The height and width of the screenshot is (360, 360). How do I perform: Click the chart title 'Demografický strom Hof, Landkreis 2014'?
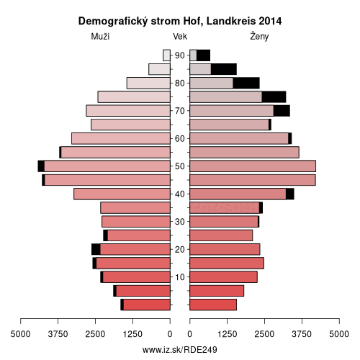click(x=180, y=22)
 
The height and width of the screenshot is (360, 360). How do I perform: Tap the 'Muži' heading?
click(x=100, y=37)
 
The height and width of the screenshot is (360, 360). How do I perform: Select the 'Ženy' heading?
click(x=259, y=37)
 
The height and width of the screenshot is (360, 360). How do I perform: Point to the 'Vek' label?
click(x=180, y=37)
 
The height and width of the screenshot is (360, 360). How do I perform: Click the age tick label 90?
click(x=179, y=55)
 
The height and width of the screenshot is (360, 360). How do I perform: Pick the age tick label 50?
click(x=179, y=166)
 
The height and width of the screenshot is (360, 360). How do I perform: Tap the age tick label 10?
click(x=179, y=277)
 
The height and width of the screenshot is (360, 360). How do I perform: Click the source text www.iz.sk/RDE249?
click(x=180, y=350)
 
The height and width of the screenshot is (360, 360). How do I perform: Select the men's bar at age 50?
click(x=104, y=166)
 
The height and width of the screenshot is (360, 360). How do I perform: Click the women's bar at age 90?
click(x=200, y=55)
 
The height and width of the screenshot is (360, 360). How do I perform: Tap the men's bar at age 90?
click(x=166, y=55)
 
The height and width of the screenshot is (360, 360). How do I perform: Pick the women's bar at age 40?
click(x=242, y=194)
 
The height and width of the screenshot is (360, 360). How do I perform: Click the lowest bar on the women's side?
click(x=213, y=305)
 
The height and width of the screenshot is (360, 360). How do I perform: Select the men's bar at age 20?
click(x=131, y=249)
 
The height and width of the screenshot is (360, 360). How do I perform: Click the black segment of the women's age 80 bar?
click(x=246, y=83)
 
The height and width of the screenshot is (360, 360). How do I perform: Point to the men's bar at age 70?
click(x=128, y=111)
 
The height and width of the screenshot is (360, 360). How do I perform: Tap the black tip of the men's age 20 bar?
click(x=96, y=249)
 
